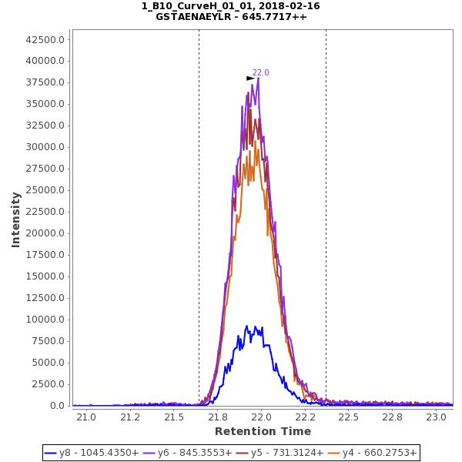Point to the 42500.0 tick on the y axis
(45, 39)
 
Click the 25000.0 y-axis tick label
(45, 190)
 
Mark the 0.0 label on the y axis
(57, 406)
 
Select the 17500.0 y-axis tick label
(45, 255)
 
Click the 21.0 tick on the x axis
(85, 417)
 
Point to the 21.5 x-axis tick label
(174, 417)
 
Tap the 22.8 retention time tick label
(393, 417)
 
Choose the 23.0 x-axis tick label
(437, 417)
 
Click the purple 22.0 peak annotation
(261, 73)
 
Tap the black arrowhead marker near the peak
(250, 79)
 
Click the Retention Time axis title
(263, 431)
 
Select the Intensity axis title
(16, 219)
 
